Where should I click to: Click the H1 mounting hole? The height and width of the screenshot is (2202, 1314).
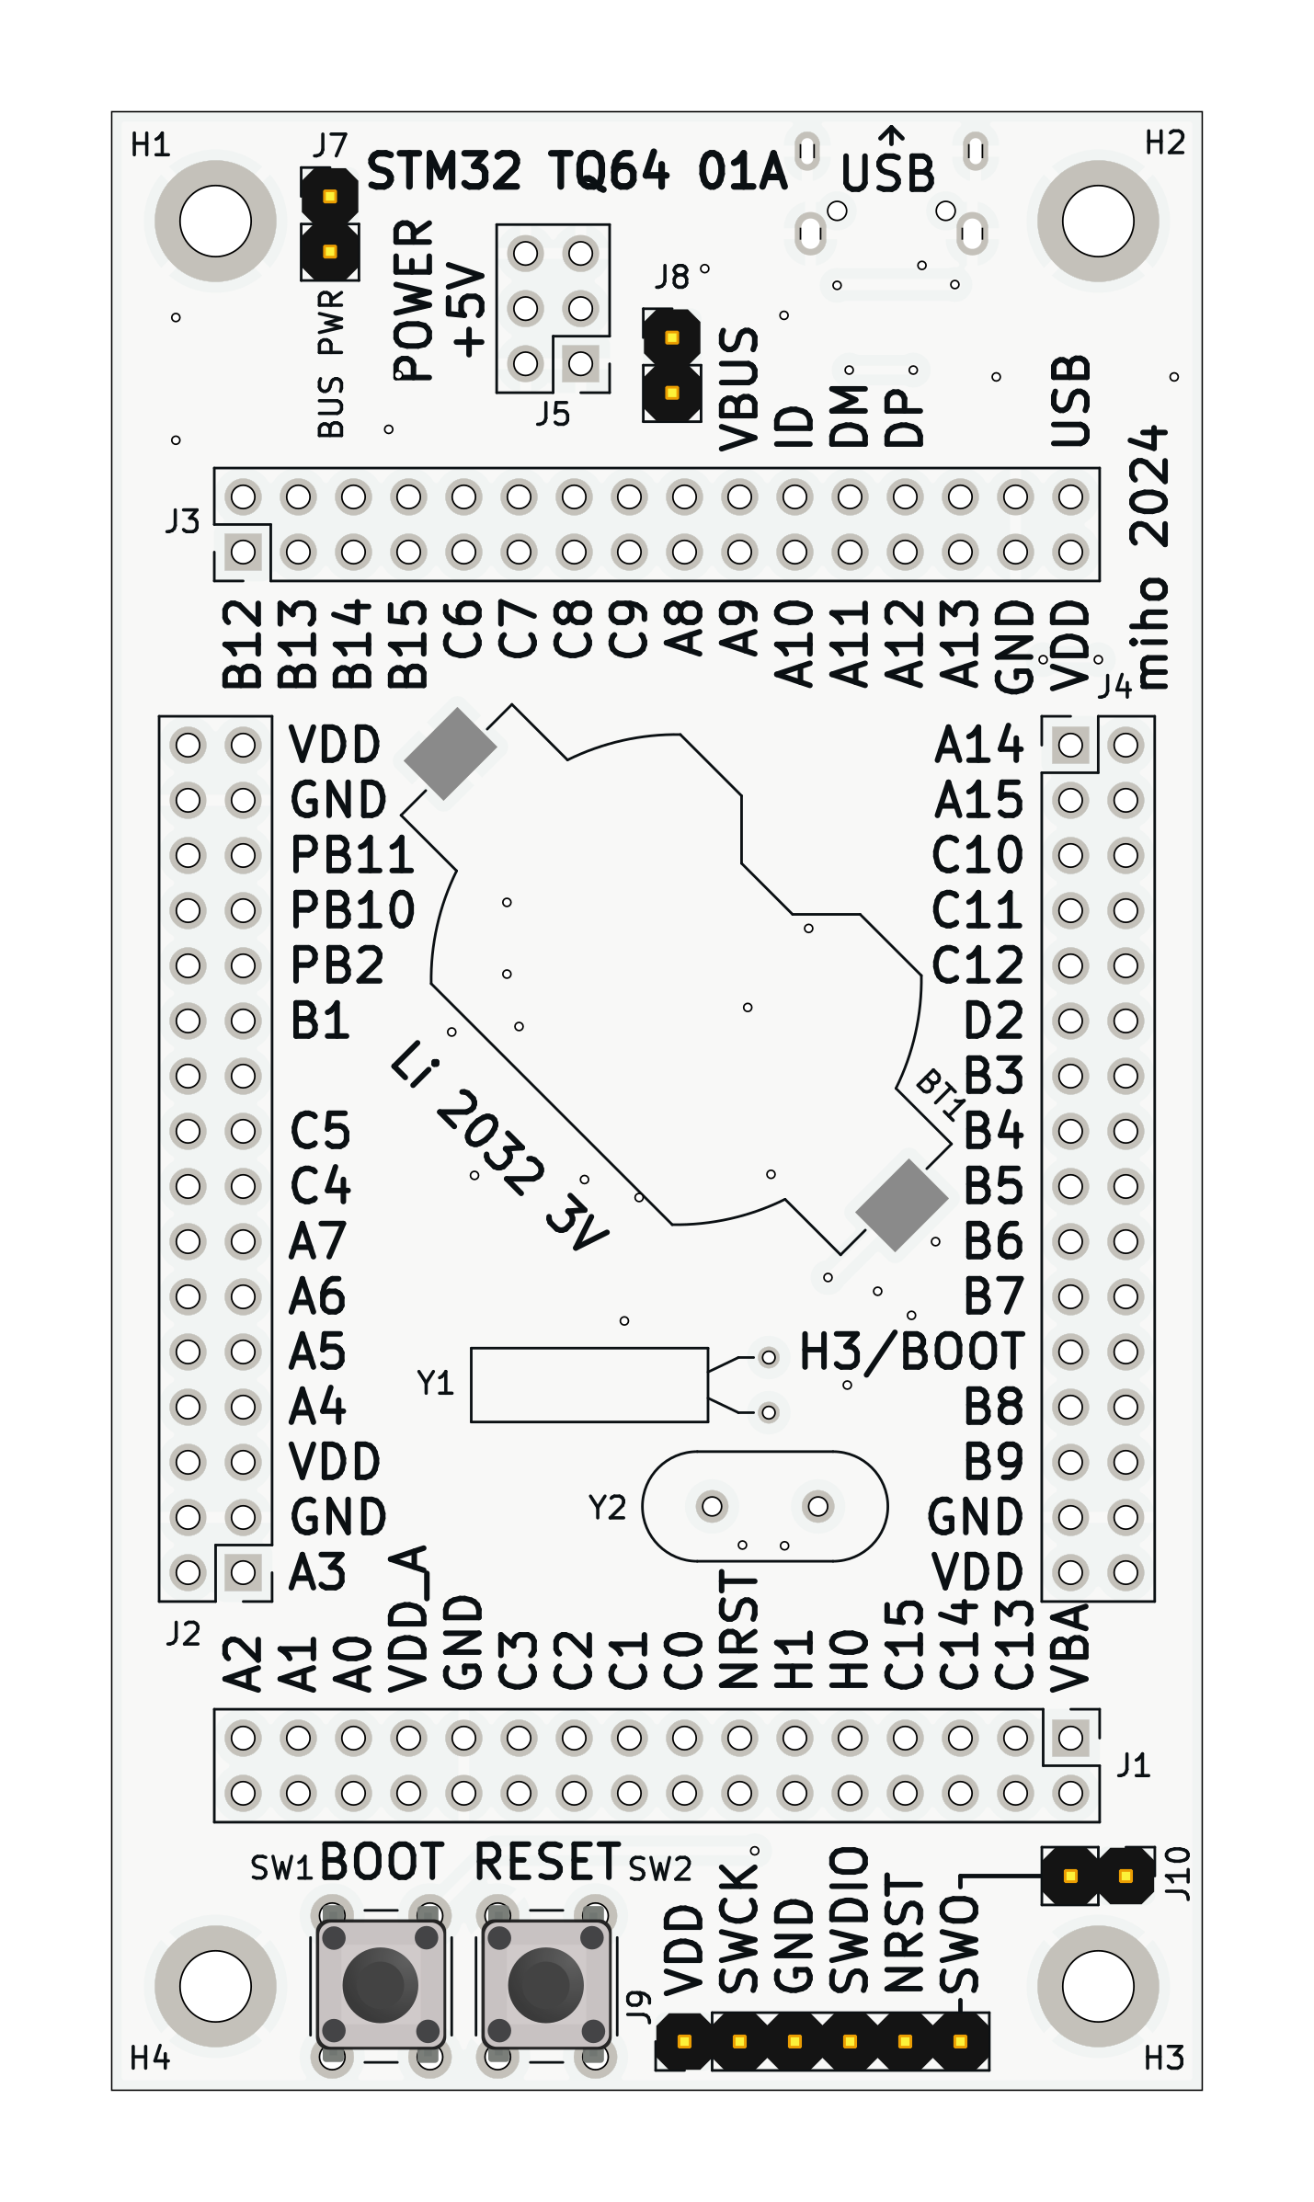[215, 222]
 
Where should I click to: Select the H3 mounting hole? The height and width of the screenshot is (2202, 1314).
[1098, 1986]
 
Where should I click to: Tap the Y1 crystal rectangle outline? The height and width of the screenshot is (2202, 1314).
[588, 1385]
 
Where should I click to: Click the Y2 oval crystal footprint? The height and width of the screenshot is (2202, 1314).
[764, 1506]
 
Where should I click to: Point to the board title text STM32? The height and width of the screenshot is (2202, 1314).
[443, 172]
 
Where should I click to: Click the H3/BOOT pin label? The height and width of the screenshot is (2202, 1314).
[911, 1352]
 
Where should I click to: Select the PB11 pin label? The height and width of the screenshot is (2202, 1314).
[352, 855]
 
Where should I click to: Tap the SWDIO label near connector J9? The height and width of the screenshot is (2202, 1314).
[849, 1920]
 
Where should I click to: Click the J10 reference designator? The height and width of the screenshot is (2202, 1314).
[1177, 1874]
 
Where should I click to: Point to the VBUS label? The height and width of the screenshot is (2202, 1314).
[738, 390]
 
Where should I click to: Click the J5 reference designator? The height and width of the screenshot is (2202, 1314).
[553, 415]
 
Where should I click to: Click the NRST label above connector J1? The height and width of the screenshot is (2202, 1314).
[738, 1630]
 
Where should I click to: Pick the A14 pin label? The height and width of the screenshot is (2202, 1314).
[978, 745]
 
